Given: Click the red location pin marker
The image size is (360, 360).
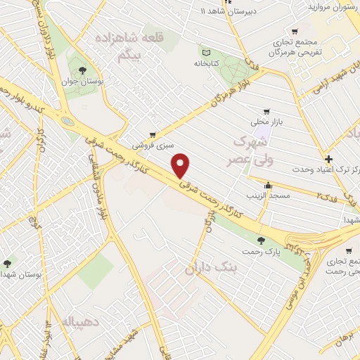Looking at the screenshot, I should [182, 166].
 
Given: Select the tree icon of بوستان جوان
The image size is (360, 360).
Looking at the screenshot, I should [83, 70].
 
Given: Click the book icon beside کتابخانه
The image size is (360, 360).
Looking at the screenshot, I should [206, 52].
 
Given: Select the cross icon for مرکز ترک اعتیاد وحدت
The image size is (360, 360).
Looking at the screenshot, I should [328, 159].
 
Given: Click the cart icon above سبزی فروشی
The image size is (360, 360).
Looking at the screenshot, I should [152, 134].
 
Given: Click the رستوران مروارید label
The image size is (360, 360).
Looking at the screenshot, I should [328, 6].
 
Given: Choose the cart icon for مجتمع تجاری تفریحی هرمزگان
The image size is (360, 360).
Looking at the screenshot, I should [294, 32].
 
